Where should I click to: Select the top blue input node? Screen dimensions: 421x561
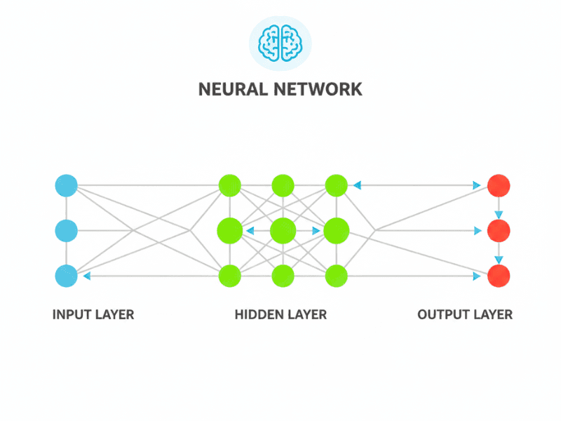(x=66, y=186)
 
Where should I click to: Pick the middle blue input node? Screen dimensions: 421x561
(x=66, y=229)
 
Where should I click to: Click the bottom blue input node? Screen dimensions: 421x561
(x=66, y=276)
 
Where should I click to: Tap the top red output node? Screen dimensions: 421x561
(x=499, y=186)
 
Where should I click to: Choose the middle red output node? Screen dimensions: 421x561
(x=499, y=229)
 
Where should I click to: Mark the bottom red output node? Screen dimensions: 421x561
(x=499, y=276)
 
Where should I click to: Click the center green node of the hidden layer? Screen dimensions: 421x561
(x=283, y=229)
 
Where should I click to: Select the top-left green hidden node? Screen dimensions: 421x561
(x=229, y=186)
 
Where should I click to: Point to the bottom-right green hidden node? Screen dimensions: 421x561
(x=337, y=276)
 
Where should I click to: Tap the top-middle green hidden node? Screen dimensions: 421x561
(x=283, y=186)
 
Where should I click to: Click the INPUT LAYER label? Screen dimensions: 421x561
(x=93, y=314)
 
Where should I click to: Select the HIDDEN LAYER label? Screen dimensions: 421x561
(x=280, y=314)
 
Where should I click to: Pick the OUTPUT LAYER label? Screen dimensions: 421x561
(x=465, y=314)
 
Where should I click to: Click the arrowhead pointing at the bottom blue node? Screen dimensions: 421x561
(x=86, y=276)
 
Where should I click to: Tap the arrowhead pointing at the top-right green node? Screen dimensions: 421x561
(x=357, y=186)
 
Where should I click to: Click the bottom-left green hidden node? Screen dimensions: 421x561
(x=229, y=276)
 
